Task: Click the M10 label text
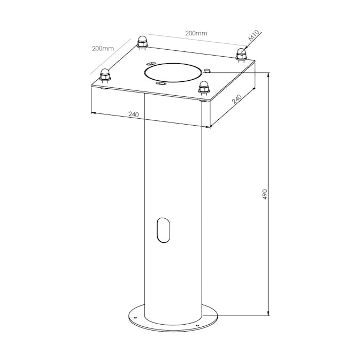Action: click(x=254, y=36)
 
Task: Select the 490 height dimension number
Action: click(x=265, y=194)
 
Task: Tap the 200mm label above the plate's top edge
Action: click(x=196, y=33)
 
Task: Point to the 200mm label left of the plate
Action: click(x=103, y=49)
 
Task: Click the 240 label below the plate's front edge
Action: click(x=134, y=114)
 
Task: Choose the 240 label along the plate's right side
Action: click(x=237, y=99)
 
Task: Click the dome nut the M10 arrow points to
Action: click(x=241, y=55)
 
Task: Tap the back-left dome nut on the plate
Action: click(x=142, y=42)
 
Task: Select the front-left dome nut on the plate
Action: click(x=105, y=75)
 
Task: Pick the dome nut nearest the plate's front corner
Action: click(x=204, y=88)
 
